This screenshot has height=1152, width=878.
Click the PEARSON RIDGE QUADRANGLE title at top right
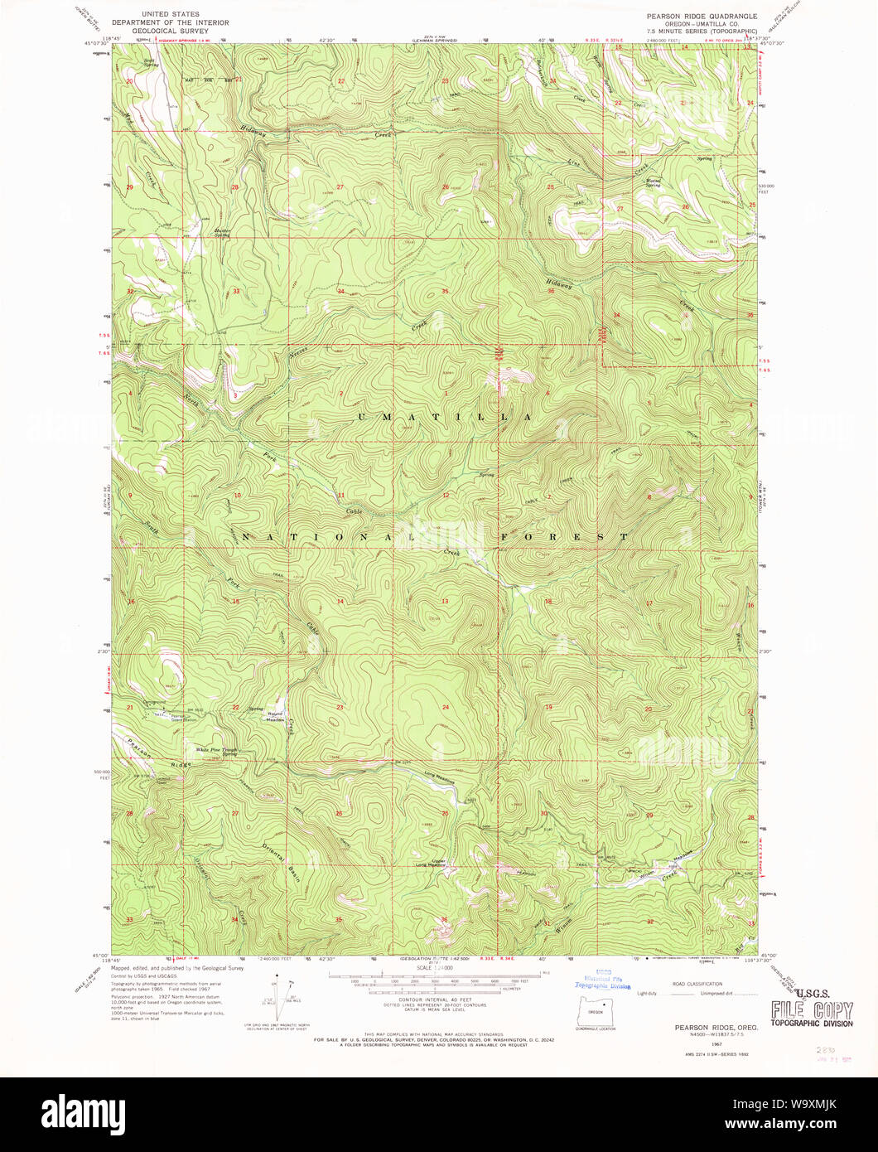click(x=702, y=15)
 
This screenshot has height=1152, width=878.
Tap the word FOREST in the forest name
click(x=564, y=537)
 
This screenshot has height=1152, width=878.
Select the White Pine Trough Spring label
click(x=217, y=752)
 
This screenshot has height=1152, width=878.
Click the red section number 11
click(x=340, y=496)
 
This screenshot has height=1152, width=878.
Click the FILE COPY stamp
click(x=812, y=1009)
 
